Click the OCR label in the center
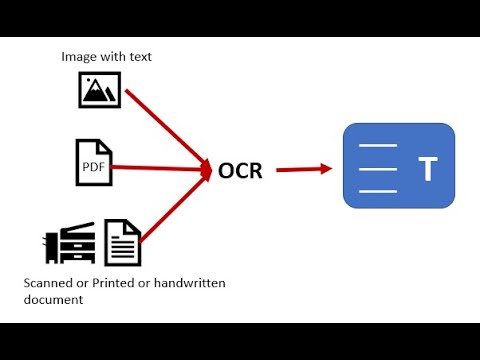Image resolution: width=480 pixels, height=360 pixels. (240, 170)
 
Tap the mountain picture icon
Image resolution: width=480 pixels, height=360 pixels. (99, 90)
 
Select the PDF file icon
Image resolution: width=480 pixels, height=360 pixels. (94, 162)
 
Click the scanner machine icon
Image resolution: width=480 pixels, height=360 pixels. (69, 243)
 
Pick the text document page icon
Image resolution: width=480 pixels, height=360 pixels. (123, 243)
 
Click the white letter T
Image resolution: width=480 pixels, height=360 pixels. (428, 169)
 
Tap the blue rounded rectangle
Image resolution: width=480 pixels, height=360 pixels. (398, 166)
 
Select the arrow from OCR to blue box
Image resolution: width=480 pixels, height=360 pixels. (303, 169)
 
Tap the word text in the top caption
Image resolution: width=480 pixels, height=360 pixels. (138, 56)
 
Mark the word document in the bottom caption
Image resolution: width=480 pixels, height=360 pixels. (53, 299)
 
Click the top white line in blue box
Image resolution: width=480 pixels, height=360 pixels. (378, 147)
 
